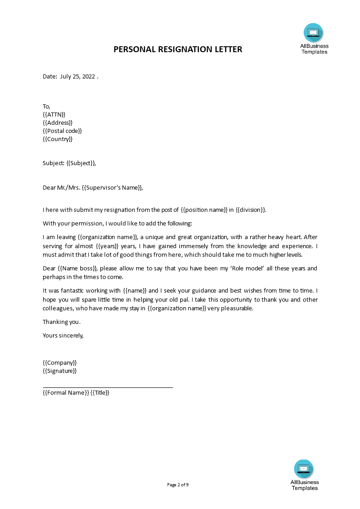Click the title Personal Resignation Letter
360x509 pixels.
(x=178, y=49)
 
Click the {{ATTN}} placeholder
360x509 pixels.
(x=54, y=115)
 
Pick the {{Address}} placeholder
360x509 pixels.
(x=58, y=123)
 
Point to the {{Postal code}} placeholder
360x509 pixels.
(x=62, y=131)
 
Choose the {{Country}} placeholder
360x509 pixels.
(x=58, y=139)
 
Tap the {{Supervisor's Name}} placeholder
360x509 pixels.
(x=113, y=187)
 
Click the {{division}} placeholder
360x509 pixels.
(x=251, y=210)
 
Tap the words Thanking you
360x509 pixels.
(x=62, y=322)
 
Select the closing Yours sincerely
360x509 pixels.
(x=63, y=336)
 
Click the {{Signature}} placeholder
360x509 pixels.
(x=60, y=371)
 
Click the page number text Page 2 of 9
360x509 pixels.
(x=178, y=485)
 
